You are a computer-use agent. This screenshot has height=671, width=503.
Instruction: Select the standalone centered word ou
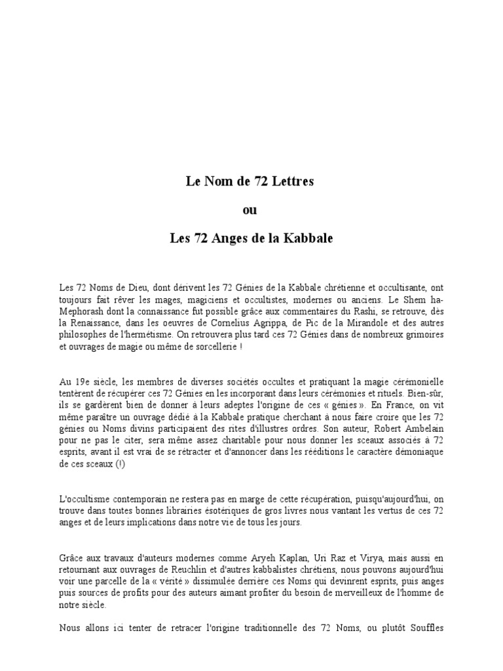click(250, 210)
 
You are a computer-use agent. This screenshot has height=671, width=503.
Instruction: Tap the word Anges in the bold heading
click(233, 239)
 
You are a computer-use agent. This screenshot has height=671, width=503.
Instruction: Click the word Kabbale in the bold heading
click(309, 239)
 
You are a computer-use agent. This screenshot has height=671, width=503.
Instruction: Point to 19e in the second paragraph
click(81, 381)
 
